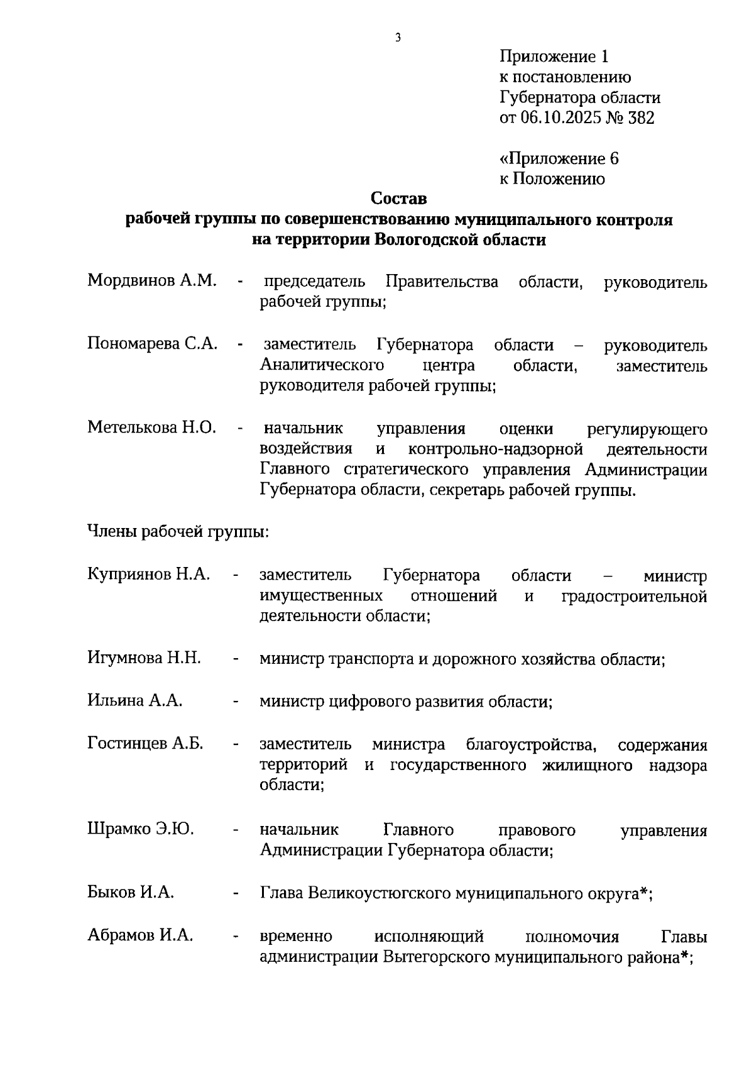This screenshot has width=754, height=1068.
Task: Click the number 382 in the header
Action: pyautogui.click(x=641, y=118)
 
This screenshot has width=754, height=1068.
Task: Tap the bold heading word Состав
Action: pyautogui.click(x=398, y=199)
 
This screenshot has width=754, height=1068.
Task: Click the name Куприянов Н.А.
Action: pyautogui.click(x=148, y=574)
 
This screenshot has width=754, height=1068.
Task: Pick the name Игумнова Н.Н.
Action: pyautogui.click(x=144, y=658)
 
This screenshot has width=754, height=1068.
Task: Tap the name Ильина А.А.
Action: pyautogui.click(x=135, y=700)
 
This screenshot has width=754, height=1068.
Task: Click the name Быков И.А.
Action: pyautogui.click(x=131, y=892)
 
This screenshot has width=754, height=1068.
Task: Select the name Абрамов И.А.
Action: pyautogui.click(x=140, y=935)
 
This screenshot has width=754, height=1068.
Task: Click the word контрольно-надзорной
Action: pyautogui.click(x=496, y=449)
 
